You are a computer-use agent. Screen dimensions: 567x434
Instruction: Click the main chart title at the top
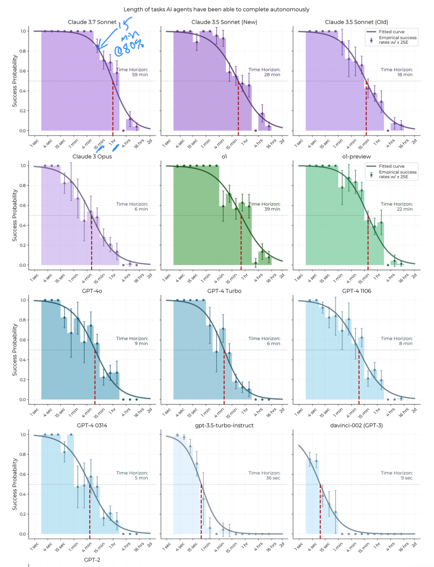click(x=216, y=9)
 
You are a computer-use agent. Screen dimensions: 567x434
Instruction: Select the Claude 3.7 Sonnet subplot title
click(x=92, y=22)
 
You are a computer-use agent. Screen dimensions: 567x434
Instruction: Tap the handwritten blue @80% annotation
click(x=129, y=48)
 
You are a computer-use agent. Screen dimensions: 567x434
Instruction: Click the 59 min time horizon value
click(x=140, y=75)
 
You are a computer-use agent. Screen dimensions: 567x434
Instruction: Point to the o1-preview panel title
click(x=356, y=157)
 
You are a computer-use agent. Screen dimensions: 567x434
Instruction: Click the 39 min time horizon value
click(x=272, y=209)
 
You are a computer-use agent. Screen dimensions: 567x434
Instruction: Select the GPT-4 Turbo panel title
click(x=224, y=291)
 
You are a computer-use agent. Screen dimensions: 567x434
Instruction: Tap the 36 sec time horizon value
click(x=273, y=478)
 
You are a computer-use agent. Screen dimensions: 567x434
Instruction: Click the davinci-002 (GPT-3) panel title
click(x=356, y=425)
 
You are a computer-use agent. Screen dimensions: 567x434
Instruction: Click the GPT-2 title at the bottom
click(x=92, y=560)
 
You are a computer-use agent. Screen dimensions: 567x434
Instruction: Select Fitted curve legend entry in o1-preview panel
click(x=392, y=166)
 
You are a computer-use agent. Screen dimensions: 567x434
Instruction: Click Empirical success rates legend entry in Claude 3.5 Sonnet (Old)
click(x=397, y=40)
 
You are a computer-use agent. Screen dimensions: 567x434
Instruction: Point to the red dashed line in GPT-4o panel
click(x=95, y=375)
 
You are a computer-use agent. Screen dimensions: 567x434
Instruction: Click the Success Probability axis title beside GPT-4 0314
click(x=15, y=484)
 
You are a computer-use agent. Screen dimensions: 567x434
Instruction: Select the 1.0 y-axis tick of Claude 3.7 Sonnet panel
click(x=23, y=31)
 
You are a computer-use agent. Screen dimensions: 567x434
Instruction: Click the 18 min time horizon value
click(x=405, y=75)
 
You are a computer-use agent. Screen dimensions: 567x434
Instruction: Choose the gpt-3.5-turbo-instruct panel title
click(x=224, y=425)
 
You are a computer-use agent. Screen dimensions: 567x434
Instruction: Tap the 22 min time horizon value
click(x=405, y=209)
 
